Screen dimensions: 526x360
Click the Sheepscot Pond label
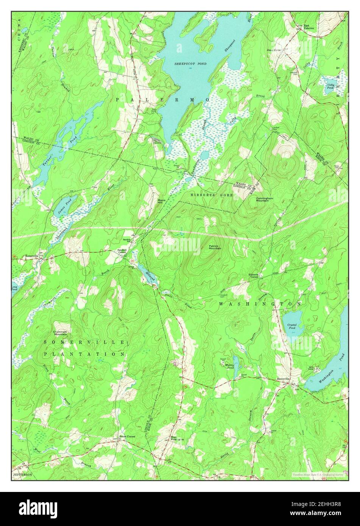tap(190, 64)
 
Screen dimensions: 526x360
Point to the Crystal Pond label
tap(291, 326)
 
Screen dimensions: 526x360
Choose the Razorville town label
tap(283, 378)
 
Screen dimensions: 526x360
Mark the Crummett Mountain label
tap(60, 333)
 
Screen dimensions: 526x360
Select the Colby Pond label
tap(330, 86)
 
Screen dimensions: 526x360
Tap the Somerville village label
tap(31, 256)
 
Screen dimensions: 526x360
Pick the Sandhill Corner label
tap(122, 251)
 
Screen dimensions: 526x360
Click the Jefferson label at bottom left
tap(23, 474)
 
